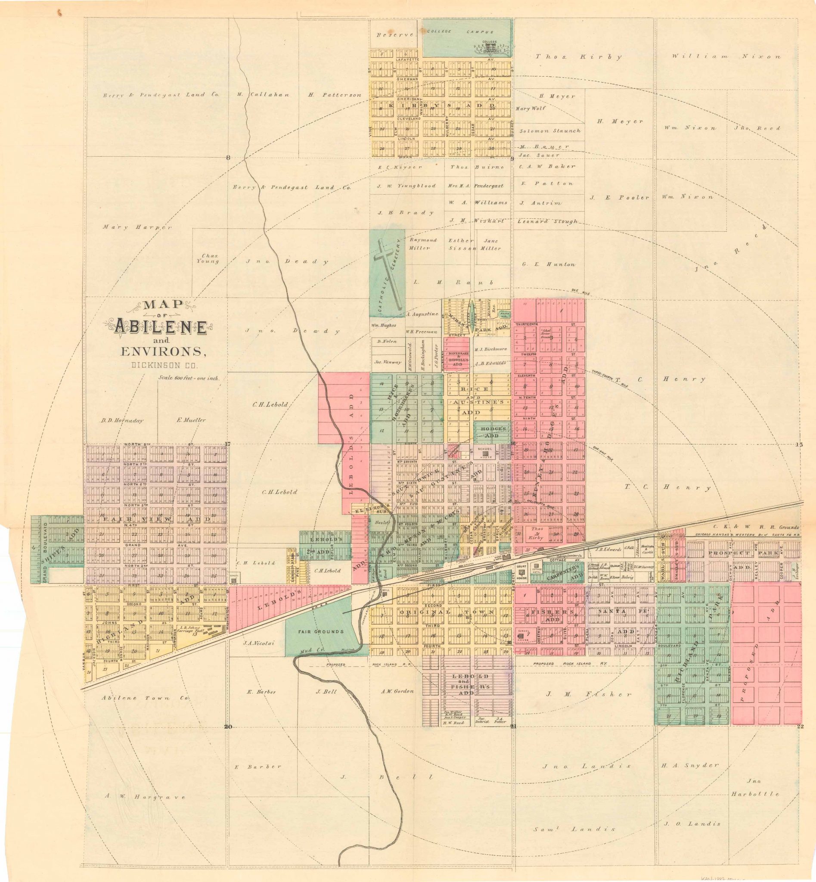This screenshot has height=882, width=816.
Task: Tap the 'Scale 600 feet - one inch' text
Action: (x=189, y=378)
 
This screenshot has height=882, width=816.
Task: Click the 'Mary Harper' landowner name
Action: (x=137, y=227)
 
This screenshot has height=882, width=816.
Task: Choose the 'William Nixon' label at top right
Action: (x=726, y=56)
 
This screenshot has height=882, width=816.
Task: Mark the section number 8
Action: (x=228, y=158)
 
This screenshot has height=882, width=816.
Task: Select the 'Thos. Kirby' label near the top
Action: (x=578, y=56)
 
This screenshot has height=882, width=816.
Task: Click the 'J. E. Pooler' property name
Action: (x=620, y=197)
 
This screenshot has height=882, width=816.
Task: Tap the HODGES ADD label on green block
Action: (x=493, y=432)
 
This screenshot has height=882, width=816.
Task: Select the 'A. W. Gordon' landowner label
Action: (x=397, y=691)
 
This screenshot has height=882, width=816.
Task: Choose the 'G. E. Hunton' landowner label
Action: (x=549, y=264)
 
